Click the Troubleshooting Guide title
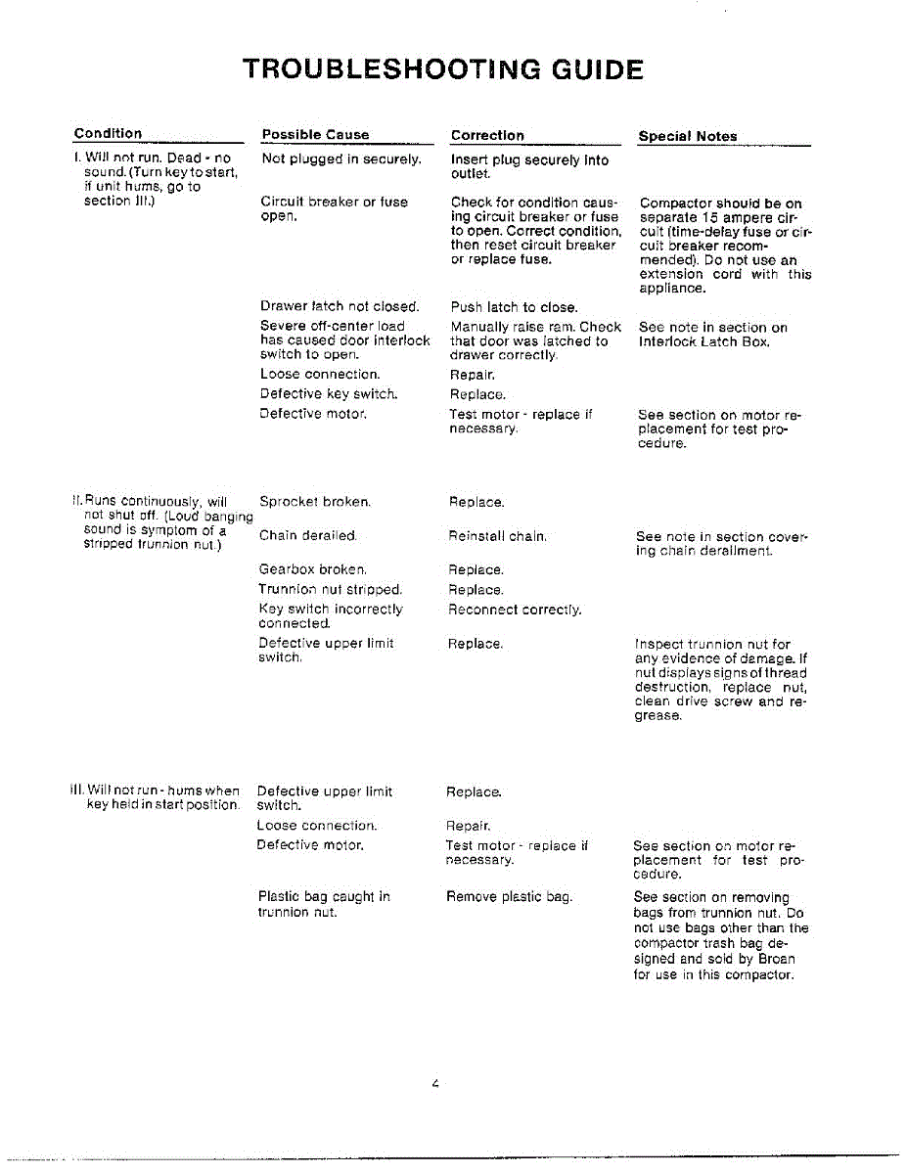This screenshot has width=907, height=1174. click(442, 70)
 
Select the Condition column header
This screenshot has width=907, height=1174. click(108, 134)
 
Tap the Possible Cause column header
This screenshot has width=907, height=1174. click(315, 135)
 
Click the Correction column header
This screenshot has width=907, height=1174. click(487, 136)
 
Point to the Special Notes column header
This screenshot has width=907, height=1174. click(687, 137)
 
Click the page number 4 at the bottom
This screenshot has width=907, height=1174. click(433, 1084)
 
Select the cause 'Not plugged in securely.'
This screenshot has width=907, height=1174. click(341, 158)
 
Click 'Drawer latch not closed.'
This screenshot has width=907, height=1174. click(340, 306)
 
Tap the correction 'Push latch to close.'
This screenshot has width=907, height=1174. click(514, 307)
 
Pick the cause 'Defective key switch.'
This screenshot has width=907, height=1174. click(329, 393)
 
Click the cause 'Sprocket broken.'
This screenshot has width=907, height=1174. click(314, 502)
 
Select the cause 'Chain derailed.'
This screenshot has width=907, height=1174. click(308, 536)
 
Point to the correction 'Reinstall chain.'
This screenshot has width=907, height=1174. click(497, 536)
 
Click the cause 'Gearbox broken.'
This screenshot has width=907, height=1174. click(313, 569)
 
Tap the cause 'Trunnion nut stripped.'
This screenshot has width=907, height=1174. click(330, 590)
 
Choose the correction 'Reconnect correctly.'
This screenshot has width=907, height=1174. click(515, 610)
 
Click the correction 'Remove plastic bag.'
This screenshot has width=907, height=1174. click(509, 896)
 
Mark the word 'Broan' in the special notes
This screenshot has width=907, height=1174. click(776, 960)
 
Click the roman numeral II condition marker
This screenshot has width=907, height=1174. click(75, 502)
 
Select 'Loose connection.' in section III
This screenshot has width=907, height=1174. click(316, 826)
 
